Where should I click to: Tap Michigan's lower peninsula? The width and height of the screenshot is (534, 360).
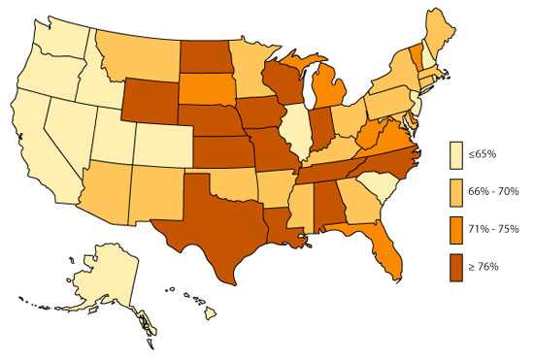[330, 96]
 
